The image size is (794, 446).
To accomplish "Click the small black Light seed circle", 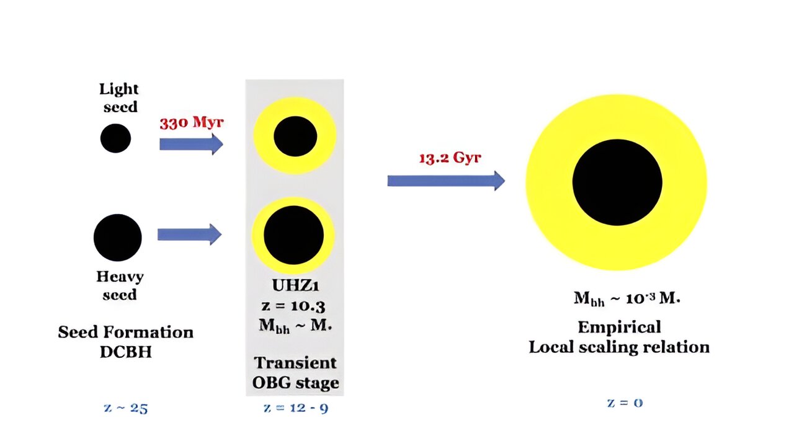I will pos(115,138).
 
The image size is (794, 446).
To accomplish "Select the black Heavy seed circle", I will pos(118,238).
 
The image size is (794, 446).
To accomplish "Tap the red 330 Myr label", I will pos(191,122).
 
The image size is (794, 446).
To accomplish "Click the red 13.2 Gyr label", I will pos(450,158).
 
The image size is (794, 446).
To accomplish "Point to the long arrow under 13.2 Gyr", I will pos(445,181).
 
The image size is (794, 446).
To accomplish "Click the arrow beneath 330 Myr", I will pos(190,144).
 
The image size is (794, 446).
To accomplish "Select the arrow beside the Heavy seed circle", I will pos(189,234).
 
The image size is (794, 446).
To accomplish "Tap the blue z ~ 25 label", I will pos(127,408).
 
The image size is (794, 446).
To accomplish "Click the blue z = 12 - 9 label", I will pos(296,408).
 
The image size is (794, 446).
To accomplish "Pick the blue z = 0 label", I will pos(625,403).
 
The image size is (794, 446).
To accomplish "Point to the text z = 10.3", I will pos(295,305).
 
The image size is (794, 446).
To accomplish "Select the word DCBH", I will pos(125,351).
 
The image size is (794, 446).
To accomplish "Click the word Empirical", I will pos(619,327).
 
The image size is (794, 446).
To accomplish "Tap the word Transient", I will pos(295,363).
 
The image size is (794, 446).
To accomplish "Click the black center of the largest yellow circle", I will pos(617,182).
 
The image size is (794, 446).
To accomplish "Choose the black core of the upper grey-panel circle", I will pos(295,136).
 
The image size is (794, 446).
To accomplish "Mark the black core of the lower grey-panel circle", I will pos(293,235).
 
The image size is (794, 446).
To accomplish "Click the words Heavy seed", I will pos(120,285).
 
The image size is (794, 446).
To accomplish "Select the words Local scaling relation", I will pos(619,347).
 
